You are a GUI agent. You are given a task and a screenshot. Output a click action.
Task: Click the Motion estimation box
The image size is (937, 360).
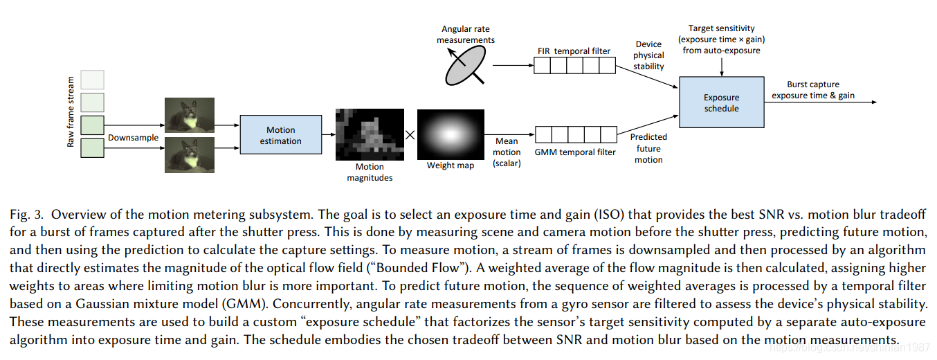(280, 135)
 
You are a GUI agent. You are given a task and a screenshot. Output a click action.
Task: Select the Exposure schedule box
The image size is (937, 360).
(721, 102)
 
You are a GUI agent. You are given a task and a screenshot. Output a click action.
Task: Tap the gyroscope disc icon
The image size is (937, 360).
(465, 67)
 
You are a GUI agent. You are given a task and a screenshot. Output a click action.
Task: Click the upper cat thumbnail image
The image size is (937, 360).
(190, 115)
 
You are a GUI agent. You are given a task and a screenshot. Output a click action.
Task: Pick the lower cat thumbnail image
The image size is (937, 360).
(190, 154)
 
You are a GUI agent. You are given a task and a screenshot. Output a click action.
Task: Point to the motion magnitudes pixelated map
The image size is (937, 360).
(369, 135)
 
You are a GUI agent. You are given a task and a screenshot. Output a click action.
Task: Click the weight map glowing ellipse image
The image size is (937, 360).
(451, 134)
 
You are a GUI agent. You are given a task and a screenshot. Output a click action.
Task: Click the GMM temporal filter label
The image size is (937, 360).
(575, 152)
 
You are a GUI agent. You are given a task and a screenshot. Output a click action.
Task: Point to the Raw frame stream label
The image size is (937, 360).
(70, 113)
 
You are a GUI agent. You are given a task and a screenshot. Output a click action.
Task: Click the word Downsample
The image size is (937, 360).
(133, 138)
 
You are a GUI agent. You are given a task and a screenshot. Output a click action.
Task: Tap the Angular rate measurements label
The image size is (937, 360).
(468, 35)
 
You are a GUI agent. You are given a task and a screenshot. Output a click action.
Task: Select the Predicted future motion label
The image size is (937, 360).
(648, 148)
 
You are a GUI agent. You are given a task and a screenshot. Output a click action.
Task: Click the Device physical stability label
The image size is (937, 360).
(648, 55)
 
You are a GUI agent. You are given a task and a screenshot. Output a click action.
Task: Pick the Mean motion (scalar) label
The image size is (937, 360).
(507, 152)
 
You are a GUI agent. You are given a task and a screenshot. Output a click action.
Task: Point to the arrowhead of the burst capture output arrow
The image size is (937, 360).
(874, 102)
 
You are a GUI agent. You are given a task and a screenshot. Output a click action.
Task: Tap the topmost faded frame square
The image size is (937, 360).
(93, 80)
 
